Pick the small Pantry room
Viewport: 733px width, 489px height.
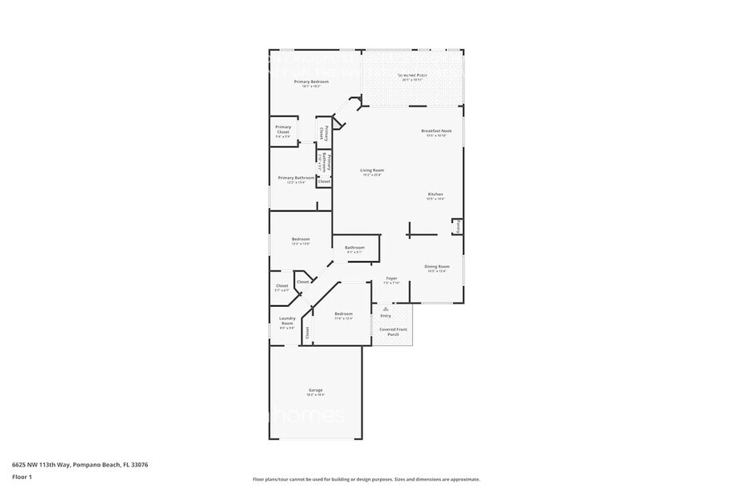point(457,226)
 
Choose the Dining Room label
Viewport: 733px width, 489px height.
point(436,268)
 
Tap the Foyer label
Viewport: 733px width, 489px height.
point(391,279)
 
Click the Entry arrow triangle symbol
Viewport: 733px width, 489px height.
point(386,309)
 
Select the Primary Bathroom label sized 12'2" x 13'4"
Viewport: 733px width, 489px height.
point(297,179)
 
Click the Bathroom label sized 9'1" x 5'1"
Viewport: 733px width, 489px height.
point(355,249)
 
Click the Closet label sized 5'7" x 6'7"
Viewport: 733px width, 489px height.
point(282,287)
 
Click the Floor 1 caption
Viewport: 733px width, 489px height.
point(22,477)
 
